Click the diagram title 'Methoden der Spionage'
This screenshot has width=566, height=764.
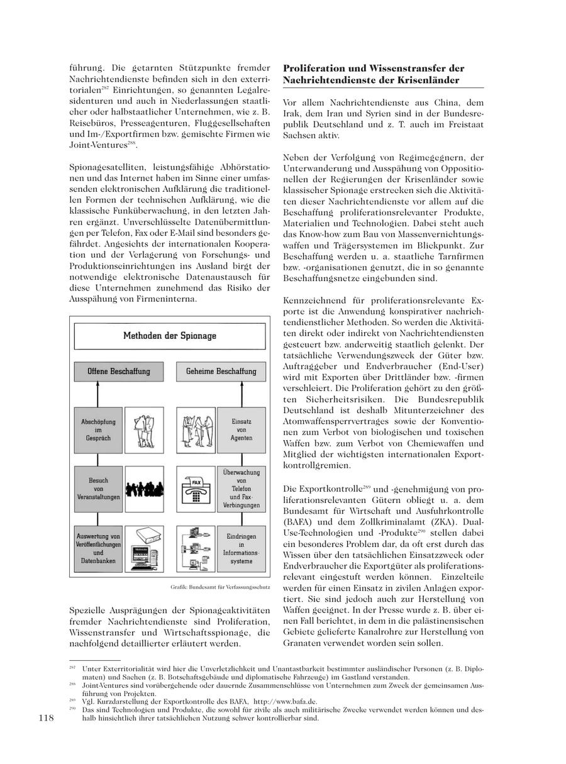coord(169,335)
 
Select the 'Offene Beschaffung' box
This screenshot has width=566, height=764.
coord(119,371)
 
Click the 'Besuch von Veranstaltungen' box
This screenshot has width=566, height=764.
coord(98,486)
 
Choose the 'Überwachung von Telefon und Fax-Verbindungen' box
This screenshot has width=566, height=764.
coord(241,487)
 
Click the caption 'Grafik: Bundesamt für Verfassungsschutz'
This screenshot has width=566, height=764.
coord(219,587)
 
